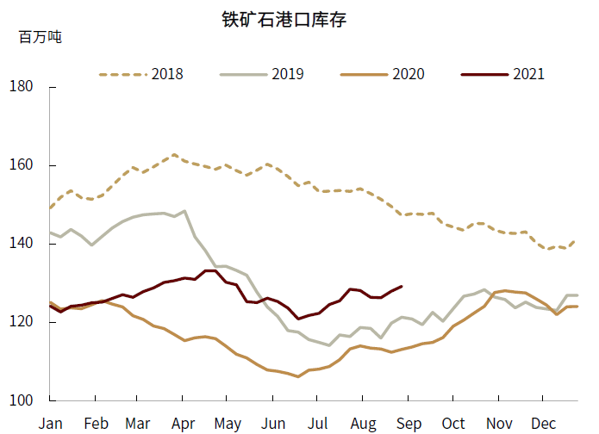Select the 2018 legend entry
141,74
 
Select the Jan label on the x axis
51,423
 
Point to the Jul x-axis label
319,423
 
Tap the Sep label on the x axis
409,423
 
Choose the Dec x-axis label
542,423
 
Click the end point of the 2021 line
402,286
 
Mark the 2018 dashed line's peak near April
174,155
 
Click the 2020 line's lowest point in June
298,376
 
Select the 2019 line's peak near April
184,211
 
